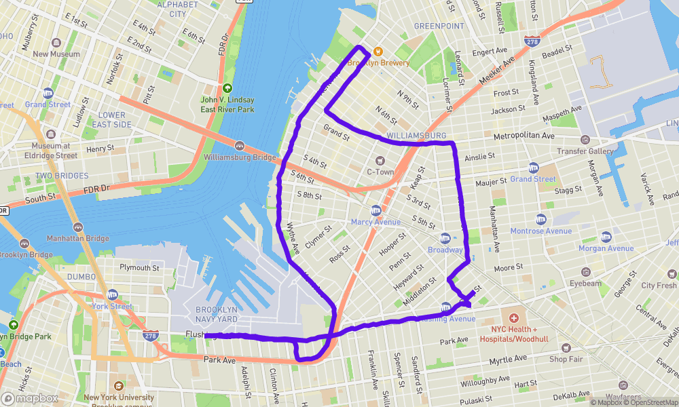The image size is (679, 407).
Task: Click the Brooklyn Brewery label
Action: pos(379,63)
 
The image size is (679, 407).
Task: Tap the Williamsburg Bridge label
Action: pos(240,158)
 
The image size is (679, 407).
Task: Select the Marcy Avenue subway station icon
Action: pos(375,210)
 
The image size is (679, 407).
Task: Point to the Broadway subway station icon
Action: pos(445,238)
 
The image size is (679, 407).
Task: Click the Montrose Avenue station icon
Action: pos(541,219)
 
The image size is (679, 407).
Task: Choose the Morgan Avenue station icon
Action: pos(606,237)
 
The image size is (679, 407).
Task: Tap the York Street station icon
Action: pos(113,295)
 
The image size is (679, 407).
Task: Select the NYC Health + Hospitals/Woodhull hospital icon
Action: pos(514,318)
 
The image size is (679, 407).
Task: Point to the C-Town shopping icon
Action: pos(380,160)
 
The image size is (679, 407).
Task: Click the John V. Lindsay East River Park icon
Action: pos(227,88)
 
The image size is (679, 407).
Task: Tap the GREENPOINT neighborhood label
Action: pos(439,26)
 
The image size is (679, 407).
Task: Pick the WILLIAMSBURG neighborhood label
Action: pos(416,136)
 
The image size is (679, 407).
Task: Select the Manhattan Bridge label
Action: pos(77,239)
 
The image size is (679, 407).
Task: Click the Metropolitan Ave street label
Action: pos(524,136)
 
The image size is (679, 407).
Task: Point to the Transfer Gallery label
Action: pos(585,151)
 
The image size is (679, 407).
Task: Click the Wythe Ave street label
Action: pos(293,239)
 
